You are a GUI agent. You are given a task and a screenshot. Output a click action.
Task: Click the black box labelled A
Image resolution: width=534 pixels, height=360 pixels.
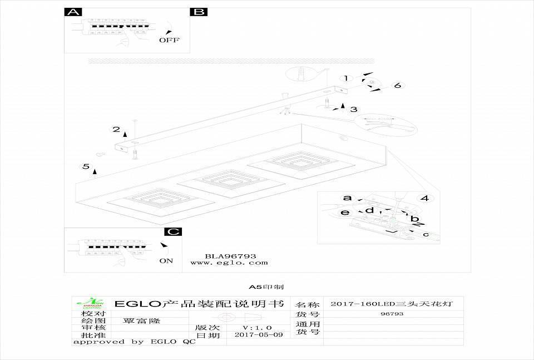[x=73, y=12]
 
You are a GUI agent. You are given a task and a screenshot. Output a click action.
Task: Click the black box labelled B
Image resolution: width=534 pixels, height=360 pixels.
[x=199, y=12]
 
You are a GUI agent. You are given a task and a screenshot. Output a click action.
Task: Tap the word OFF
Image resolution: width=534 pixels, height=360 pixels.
[x=170, y=40]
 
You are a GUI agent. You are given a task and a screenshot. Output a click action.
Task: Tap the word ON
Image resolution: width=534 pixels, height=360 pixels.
[x=166, y=260]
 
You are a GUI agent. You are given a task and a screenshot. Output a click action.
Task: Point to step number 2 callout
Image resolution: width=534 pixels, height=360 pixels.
[x=116, y=130]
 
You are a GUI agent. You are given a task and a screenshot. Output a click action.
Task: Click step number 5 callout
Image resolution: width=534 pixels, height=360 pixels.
[x=86, y=166]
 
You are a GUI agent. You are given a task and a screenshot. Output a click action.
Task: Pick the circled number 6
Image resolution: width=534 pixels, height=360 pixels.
[x=397, y=86]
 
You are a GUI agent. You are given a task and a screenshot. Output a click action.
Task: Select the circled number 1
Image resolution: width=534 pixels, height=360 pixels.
[x=346, y=78]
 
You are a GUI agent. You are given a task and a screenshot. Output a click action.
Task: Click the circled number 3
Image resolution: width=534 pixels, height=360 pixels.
[x=354, y=110]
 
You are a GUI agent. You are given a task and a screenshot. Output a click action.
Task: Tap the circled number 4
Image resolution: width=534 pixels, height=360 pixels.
[x=424, y=198]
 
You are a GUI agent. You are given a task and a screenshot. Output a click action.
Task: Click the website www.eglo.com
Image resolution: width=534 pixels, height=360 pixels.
[x=229, y=263]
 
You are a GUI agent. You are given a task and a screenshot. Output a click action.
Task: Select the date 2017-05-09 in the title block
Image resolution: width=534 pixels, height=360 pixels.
[x=259, y=335]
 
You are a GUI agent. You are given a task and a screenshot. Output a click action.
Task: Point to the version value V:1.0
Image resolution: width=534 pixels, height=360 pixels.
[x=258, y=328]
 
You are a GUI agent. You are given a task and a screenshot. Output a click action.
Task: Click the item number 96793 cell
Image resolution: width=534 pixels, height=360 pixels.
[x=393, y=314]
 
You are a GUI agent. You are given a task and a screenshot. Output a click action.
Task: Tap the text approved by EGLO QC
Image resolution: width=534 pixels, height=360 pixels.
[x=134, y=342]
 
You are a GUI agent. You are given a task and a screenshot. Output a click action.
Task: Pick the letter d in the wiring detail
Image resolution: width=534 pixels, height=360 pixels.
[x=369, y=210]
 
